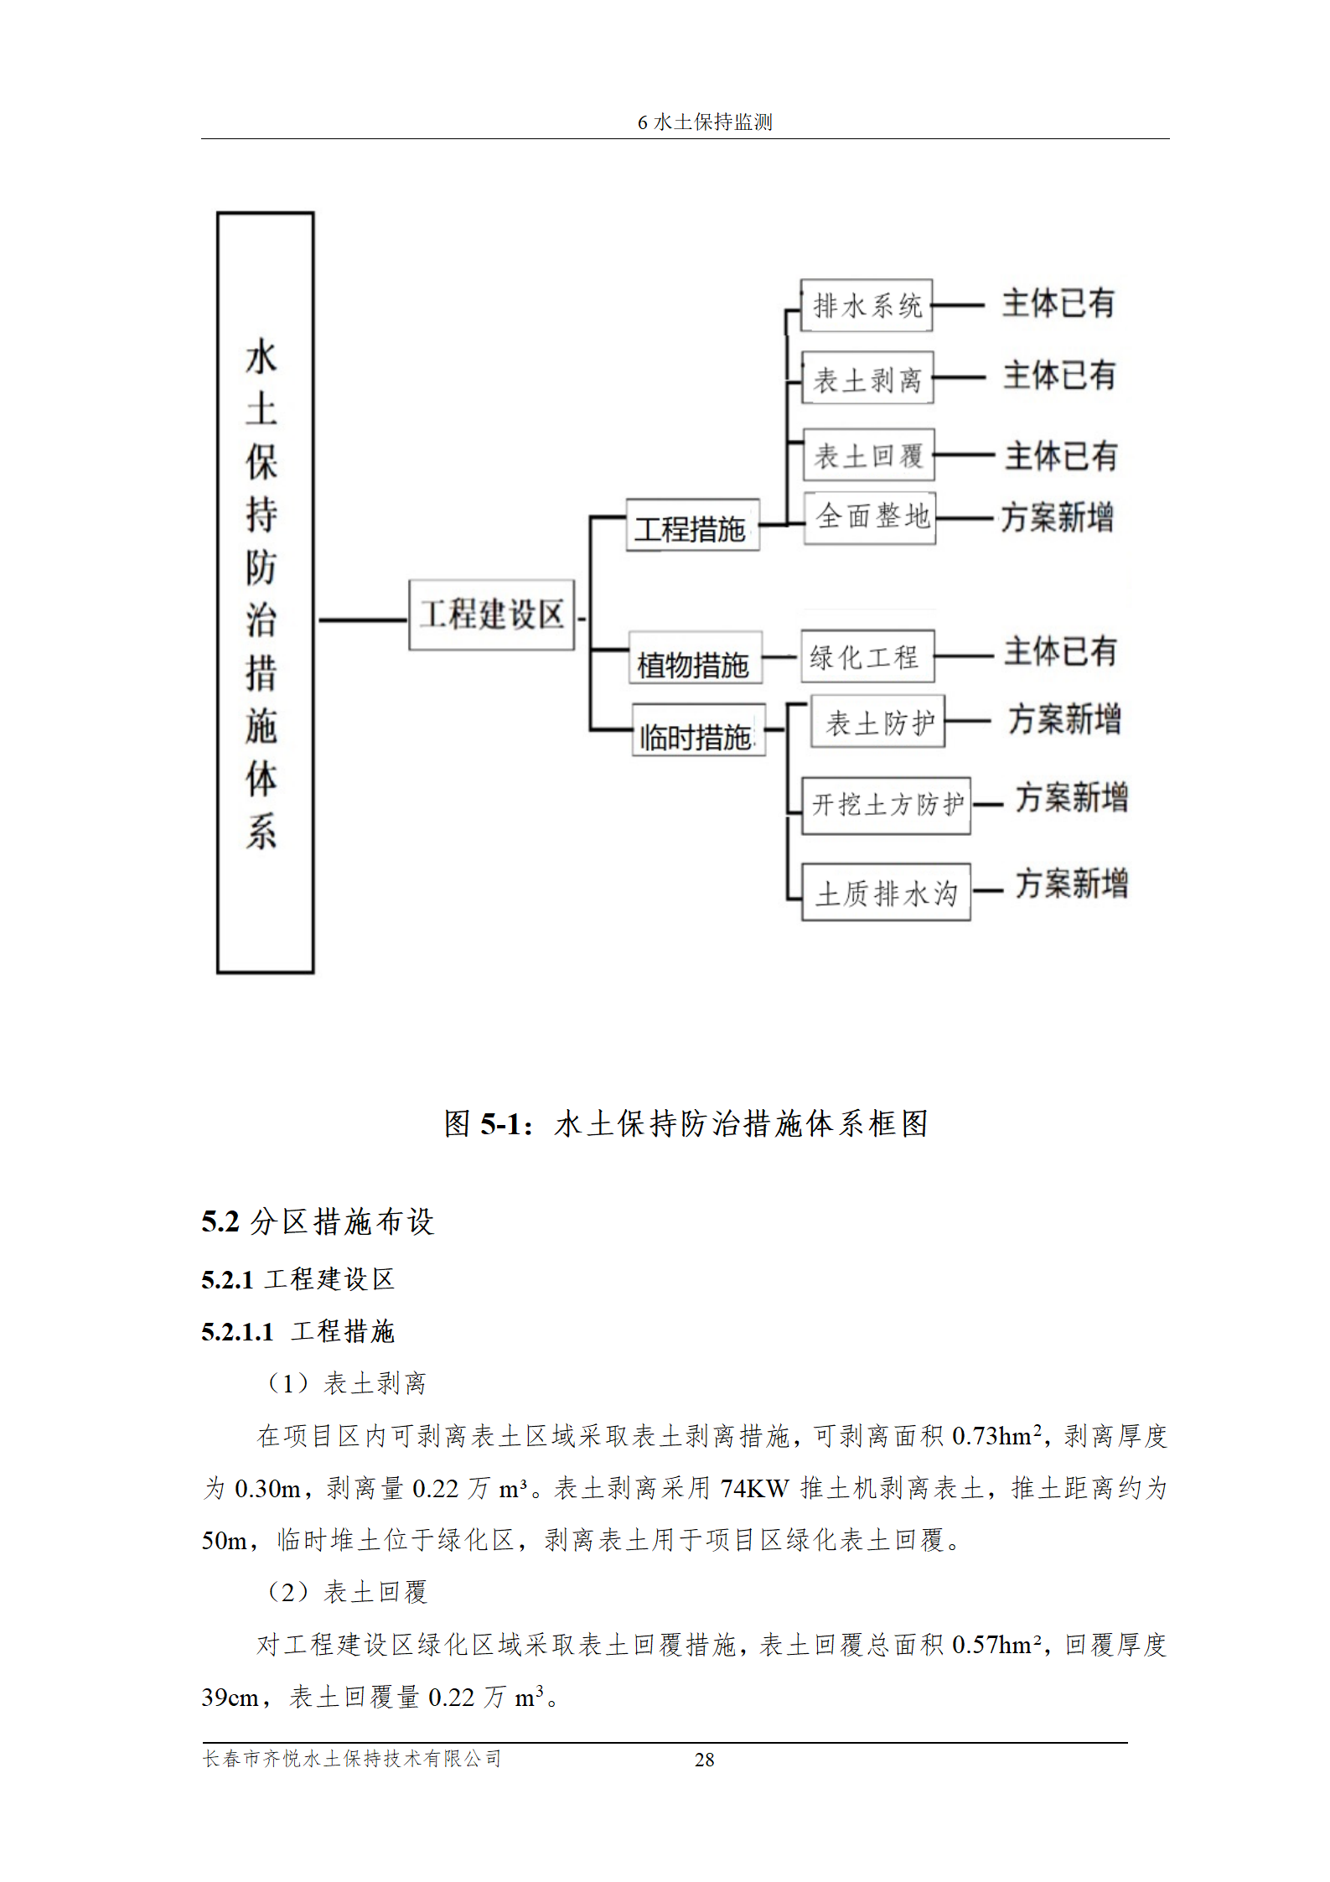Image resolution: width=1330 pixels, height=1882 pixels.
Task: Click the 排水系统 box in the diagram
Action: click(x=866, y=305)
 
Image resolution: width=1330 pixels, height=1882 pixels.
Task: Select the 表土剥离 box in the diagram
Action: click(x=867, y=378)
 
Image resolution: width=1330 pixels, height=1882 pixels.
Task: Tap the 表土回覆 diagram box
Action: click(x=867, y=455)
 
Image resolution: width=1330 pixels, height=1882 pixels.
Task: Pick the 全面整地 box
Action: click(x=870, y=517)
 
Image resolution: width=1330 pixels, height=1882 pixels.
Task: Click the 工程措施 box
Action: click(x=692, y=526)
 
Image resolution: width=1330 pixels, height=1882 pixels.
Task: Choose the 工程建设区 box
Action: click(x=491, y=614)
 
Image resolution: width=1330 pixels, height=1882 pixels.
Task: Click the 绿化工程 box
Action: click(x=867, y=656)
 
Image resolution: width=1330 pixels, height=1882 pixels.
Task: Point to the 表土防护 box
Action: click(x=877, y=721)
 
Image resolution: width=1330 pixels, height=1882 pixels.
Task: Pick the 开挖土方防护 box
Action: click(x=886, y=806)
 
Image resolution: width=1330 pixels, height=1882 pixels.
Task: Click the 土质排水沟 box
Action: click(x=886, y=892)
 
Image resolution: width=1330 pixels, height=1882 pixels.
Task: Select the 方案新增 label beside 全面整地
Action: click(x=1058, y=517)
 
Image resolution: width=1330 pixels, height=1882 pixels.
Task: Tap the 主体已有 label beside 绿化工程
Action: click(x=1060, y=651)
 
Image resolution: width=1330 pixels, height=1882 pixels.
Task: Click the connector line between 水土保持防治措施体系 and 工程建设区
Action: click(x=361, y=620)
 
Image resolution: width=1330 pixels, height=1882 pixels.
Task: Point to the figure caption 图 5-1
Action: click(x=686, y=1123)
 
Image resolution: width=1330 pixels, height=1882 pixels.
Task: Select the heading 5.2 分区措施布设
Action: click(x=318, y=1221)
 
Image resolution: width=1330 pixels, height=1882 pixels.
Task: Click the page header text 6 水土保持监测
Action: click(x=704, y=122)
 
